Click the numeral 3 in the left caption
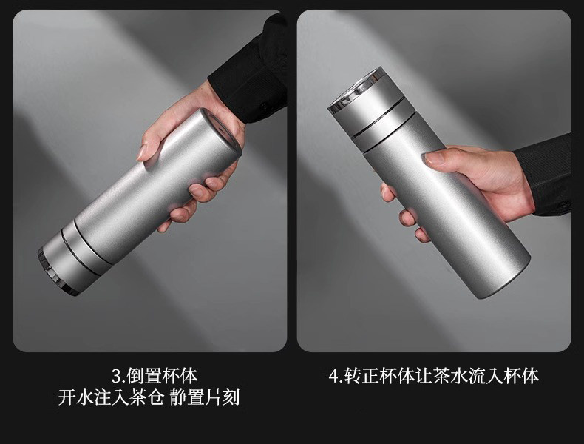click(116, 376)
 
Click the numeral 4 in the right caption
click(333, 376)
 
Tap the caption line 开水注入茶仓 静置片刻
click(149, 398)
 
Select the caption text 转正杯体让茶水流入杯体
click(441, 376)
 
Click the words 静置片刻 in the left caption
click(205, 398)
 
